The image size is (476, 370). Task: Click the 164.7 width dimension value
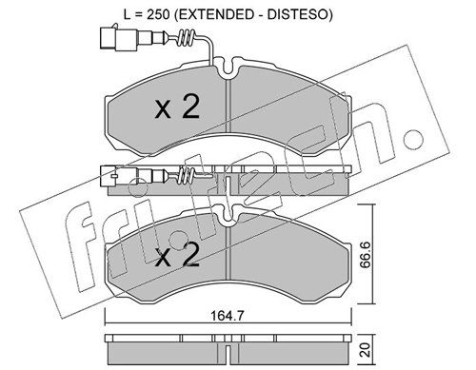pos(228,316)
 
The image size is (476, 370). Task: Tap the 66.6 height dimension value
pos(367,254)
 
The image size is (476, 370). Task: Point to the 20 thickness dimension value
pos(367,350)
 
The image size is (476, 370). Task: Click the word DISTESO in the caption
pos(297,15)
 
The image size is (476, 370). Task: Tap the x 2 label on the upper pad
pos(177,107)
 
